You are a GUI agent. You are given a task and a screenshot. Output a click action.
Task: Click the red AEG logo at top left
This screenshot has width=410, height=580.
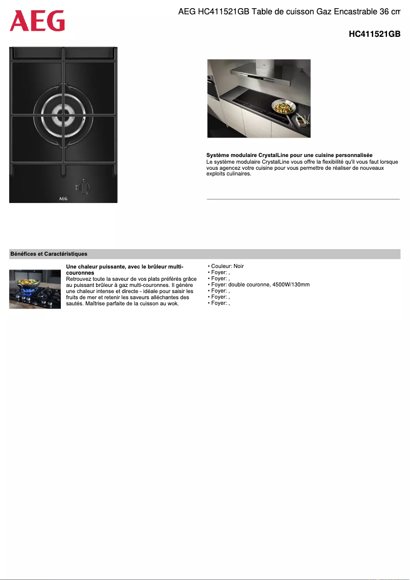[x=37, y=21]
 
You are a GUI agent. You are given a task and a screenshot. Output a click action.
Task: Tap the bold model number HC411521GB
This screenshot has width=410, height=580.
[x=374, y=34]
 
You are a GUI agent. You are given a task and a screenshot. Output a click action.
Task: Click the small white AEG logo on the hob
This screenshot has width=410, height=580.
[x=63, y=198]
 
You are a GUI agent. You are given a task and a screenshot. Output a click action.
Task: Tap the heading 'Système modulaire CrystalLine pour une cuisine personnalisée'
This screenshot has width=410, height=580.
[x=289, y=155]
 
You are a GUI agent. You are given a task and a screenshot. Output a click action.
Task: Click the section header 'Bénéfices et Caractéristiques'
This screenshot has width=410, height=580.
[x=49, y=254]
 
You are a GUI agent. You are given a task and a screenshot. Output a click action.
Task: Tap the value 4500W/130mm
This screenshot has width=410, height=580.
[x=291, y=285]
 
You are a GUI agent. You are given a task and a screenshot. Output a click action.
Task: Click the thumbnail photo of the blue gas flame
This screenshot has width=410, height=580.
[x=35, y=289]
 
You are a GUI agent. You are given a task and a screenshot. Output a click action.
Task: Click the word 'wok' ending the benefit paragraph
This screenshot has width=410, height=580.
[x=172, y=303]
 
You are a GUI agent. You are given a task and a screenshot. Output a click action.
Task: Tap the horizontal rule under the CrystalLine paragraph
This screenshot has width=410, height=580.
[x=303, y=198]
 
